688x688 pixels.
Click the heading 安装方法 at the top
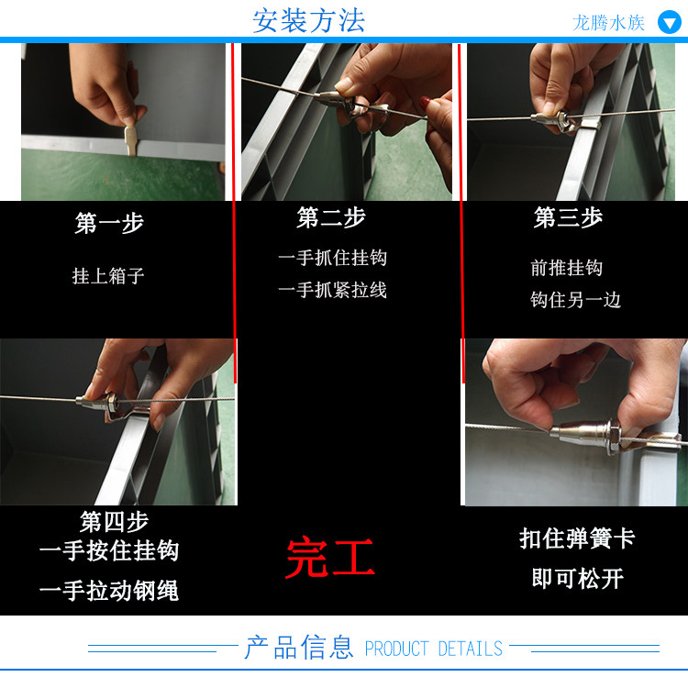[308, 20]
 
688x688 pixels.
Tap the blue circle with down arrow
[669, 22]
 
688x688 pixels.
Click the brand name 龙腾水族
[608, 23]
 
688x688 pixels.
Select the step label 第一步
[109, 223]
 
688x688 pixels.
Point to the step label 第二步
[331, 217]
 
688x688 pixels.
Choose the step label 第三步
[568, 217]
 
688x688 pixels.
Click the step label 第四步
[114, 522]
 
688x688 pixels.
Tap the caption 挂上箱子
[108, 276]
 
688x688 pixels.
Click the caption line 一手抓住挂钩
[333, 258]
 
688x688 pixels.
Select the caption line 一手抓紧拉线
[333, 290]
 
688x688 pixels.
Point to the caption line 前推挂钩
[567, 268]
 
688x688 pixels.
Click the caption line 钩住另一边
[575, 300]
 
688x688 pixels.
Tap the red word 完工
[330, 558]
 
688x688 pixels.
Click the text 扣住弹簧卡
[577, 538]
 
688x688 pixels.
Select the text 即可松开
[577, 578]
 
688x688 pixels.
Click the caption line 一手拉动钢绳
[109, 590]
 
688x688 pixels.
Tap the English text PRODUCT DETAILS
[434, 649]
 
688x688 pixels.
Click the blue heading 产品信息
[299, 648]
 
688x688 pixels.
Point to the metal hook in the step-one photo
[130, 140]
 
